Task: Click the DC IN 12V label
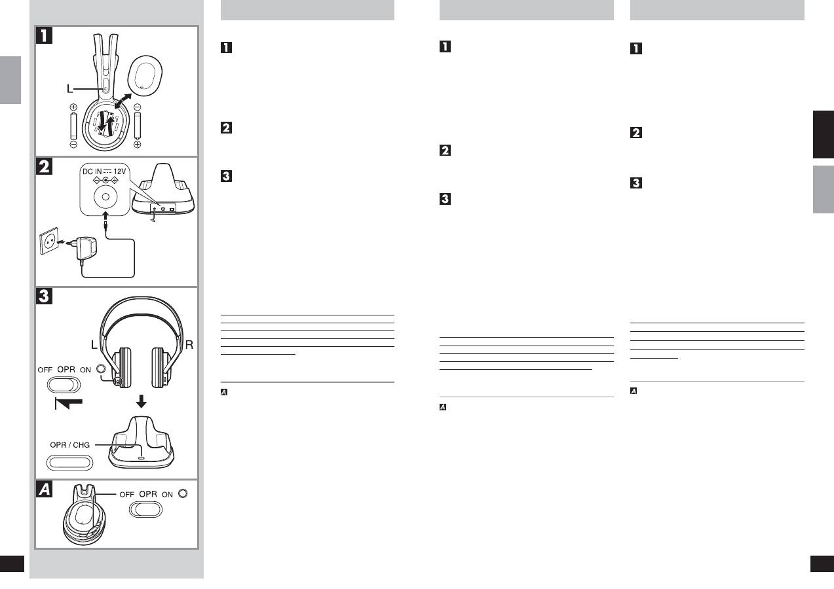(x=104, y=171)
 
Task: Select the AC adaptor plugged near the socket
(x=86, y=249)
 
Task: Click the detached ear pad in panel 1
(x=145, y=75)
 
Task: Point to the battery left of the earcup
(x=73, y=126)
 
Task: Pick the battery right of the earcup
(x=138, y=126)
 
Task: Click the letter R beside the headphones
(x=189, y=345)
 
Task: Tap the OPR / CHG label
(x=70, y=445)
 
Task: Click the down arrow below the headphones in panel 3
(x=141, y=401)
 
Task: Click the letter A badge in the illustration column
(x=45, y=489)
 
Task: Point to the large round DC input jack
(x=105, y=197)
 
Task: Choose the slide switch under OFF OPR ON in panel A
(x=145, y=509)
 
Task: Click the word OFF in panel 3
(x=45, y=370)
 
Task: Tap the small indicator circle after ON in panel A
(x=183, y=493)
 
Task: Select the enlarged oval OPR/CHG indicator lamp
(x=69, y=463)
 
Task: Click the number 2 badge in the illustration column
(x=45, y=166)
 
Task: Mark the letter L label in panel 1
(x=69, y=89)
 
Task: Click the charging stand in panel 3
(x=141, y=442)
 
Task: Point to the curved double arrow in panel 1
(x=123, y=101)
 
